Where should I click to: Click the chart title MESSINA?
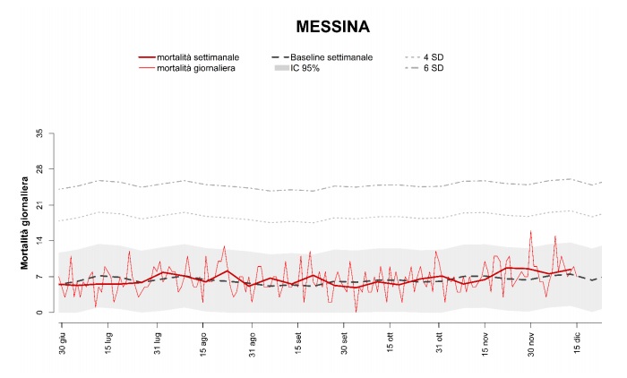(x=333, y=28)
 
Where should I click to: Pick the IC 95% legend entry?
(x=313, y=69)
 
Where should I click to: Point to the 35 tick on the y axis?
(x=38, y=133)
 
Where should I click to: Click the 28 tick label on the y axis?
(x=38, y=169)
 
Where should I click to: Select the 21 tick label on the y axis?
(x=38, y=205)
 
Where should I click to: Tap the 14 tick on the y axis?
(x=38, y=241)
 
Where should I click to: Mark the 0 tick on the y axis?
(x=38, y=313)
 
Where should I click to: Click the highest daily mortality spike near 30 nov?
(x=530, y=232)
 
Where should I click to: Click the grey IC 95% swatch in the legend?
(x=286, y=69)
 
